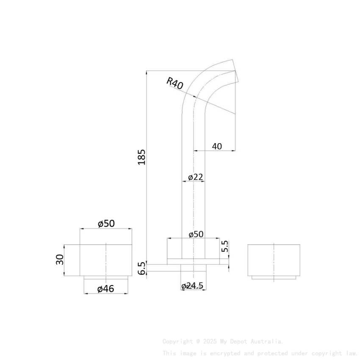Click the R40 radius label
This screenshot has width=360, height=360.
175,83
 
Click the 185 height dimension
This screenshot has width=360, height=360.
141,157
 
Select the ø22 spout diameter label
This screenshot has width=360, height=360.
195,177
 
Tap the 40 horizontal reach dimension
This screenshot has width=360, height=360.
216,146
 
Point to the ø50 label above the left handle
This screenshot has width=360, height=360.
106,223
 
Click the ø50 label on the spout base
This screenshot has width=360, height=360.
196,234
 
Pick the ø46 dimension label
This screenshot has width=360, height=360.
105,289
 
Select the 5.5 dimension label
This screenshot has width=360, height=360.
225,246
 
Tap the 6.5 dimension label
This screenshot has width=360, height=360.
141,268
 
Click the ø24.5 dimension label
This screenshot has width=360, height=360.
193,286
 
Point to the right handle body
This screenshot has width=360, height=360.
274,260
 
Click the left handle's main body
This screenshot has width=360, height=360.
106,260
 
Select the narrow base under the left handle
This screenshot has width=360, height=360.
106,277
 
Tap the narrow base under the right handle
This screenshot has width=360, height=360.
274,277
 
